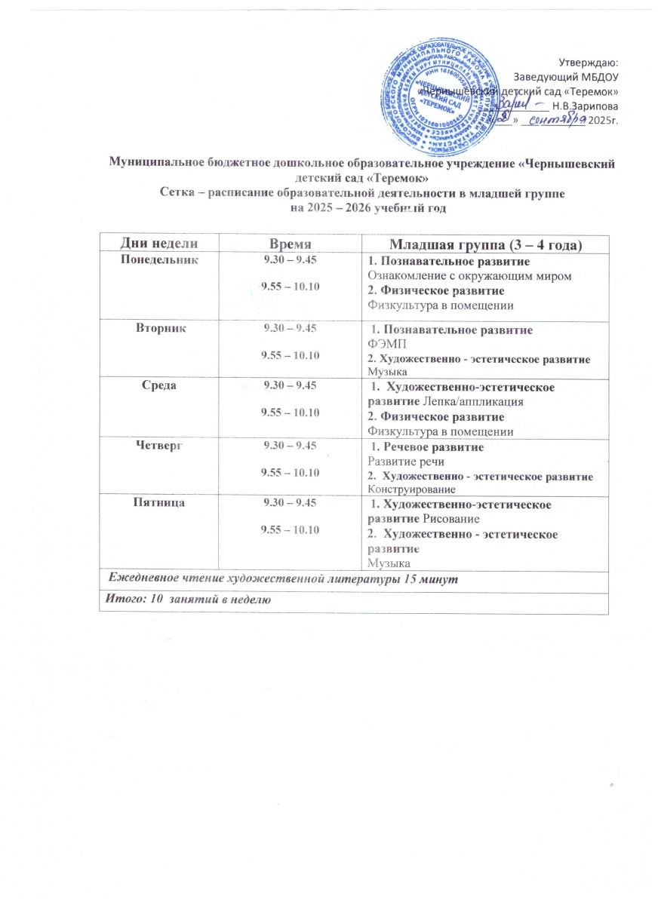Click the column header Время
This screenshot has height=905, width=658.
pyautogui.click(x=291, y=243)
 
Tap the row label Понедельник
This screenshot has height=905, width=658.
pyautogui.click(x=159, y=260)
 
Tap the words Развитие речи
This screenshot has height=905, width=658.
pyautogui.click(x=405, y=461)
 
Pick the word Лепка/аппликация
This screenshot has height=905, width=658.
pyautogui.click(x=473, y=402)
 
